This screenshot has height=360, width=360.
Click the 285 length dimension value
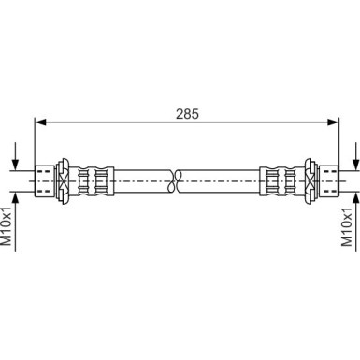187,114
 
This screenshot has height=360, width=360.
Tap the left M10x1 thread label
7,226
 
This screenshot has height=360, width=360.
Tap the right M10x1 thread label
347,226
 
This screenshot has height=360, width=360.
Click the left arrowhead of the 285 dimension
40,122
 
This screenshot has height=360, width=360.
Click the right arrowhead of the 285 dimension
333,122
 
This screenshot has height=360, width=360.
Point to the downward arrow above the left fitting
15,156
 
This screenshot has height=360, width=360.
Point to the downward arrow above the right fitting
355,156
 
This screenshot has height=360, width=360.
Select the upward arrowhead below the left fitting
15,198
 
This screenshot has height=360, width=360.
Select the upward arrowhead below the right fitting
355,198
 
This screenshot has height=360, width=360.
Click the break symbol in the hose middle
175,180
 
